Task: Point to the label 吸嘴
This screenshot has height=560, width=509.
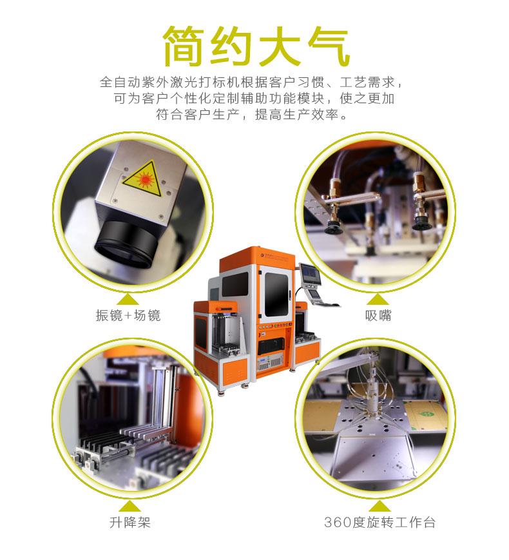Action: pyautogui.click(x=378, y=316)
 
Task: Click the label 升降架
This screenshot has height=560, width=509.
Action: pyautogui.click(x=130, y=522)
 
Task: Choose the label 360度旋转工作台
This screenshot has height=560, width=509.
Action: pyautogui.click(x=379, y=522)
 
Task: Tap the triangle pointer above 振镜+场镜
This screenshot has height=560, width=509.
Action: pyautogui.click(x=129, y=298)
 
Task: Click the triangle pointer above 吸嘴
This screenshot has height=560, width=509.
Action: pyautogui.click(x=378, y=298)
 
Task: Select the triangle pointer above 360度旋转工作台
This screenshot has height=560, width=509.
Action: pyautogui.click(x=379, y=505)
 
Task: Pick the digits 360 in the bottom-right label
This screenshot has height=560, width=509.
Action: pyautogui.click(x=338, y=522)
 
